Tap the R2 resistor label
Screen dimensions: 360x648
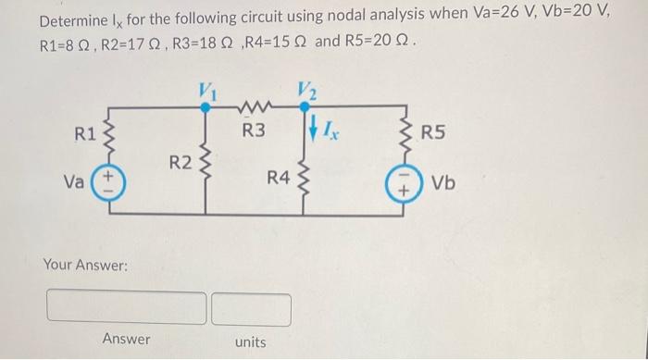181,164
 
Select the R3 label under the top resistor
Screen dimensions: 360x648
253,130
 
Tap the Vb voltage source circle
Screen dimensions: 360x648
405,183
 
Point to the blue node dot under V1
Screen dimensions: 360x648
206,107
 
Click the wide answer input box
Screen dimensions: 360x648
127,306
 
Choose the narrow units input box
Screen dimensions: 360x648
251,307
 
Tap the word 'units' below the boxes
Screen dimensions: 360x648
250,341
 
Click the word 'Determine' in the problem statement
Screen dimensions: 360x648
47,19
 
